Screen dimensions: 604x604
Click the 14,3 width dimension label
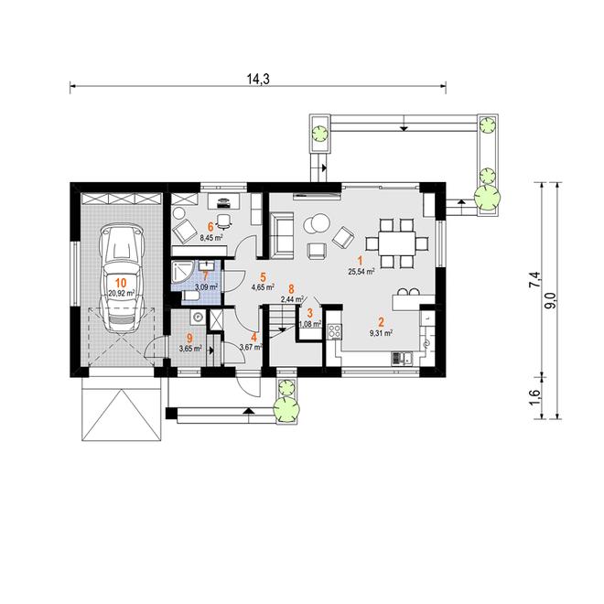pyautogui.click(x=258, y=79)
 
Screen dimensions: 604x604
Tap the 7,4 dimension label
pyautogui.click(x=535, y=280)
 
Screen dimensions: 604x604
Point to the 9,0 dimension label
pyautogui.click(x=550, y=299)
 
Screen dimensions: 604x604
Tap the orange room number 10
pyautogui.click(x=121, y=282)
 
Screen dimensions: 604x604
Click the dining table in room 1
pyautogui.click(x=397, y=243)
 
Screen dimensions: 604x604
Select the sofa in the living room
pyautogui.click(x=281, y=235)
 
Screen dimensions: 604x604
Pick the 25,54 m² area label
pyautogui.click(x=361, y=271)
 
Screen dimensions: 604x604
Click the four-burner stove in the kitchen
pyautogui.click(x=334, y=331)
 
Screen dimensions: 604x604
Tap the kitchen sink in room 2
pyautogui.click(x=402, y=358)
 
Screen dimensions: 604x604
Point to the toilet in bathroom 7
pyautogui.click(x=190, y=297)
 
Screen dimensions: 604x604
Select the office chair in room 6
pyautogui.click(x=224, y=221)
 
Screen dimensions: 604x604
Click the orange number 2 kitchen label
pyautogui.click(x=382, y=322)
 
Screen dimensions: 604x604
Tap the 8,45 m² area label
pyautogui.click(x=211, y=238)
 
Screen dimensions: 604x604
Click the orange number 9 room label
pyautogui.click(x=189, y=339)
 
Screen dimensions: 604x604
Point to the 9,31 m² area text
pyautogui.click(x=381, y=334)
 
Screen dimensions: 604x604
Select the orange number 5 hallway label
pyautogui.click(x=263, y=276)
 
